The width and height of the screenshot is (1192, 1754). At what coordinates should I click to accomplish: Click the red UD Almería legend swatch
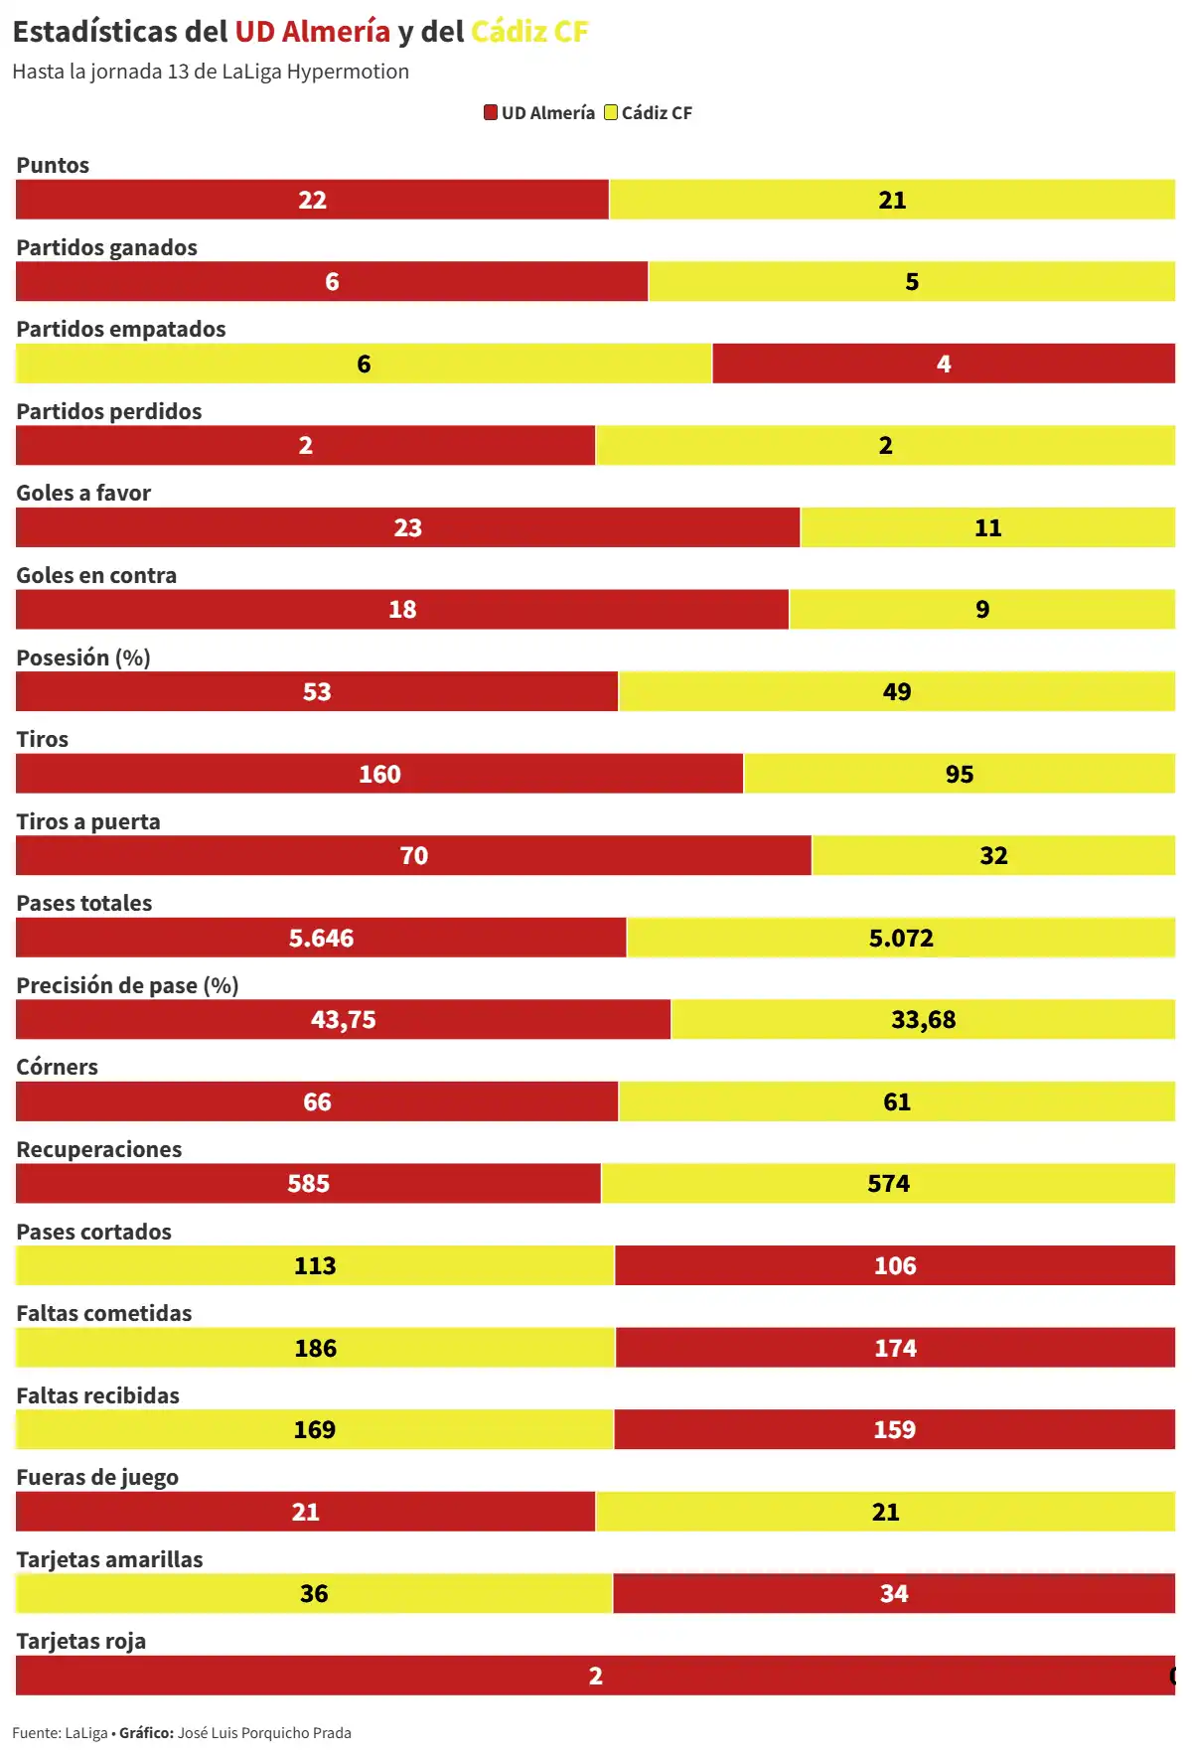[491, 112]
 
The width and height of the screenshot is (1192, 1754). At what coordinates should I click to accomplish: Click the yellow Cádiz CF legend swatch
[611, 112]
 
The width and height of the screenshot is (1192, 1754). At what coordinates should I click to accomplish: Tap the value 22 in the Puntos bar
[312, 200]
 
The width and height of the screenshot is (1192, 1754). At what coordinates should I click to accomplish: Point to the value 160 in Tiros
[379, 774]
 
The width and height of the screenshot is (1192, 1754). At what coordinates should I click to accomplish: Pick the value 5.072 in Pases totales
[901, 938]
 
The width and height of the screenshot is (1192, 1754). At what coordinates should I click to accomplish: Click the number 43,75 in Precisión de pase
[343, 1019]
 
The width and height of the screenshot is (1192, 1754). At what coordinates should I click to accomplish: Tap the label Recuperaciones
[98, 1149]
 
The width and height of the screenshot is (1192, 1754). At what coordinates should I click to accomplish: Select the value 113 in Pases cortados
[315, 1265]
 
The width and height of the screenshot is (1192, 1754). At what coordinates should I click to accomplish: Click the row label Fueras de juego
[97, 1477]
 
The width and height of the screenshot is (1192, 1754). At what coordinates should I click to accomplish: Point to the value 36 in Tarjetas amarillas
[314, 1593]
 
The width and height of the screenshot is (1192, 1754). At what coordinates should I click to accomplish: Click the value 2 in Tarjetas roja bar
[595, 1676]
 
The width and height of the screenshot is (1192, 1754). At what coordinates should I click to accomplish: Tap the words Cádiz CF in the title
[529, 32]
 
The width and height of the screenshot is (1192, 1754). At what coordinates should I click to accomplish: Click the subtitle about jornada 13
[211, 72]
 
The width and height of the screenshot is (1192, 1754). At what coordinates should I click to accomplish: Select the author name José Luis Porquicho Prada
[264, 1733]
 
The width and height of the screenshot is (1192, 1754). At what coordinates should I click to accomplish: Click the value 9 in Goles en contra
[982, 609]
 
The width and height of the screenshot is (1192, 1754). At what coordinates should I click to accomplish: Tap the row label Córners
[57, 1067]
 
